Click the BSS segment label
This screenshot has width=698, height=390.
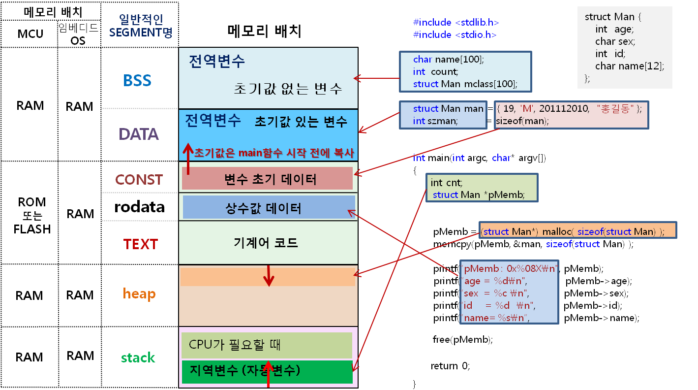pos(137,80)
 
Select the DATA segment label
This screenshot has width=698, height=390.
pos(139,134)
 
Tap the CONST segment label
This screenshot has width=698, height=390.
pos(139,180)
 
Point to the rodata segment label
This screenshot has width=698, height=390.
pos(139,207)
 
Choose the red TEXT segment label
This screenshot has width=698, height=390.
pos(140,244)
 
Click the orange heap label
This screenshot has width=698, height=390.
pos(139,294)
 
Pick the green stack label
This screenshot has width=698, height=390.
pos(138,357)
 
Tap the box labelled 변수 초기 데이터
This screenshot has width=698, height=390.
pos(268,179)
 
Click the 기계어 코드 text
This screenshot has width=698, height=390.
pos(266,243)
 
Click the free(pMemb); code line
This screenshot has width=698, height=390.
pos(462,339)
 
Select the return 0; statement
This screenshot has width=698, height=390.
pos(450,366)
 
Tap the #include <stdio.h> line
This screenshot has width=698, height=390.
pos(455,34)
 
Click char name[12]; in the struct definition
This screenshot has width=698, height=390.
pos(629,66)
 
